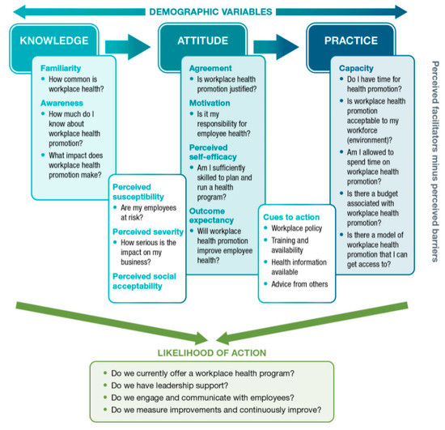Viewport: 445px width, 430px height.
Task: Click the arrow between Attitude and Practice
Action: [277, 40]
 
